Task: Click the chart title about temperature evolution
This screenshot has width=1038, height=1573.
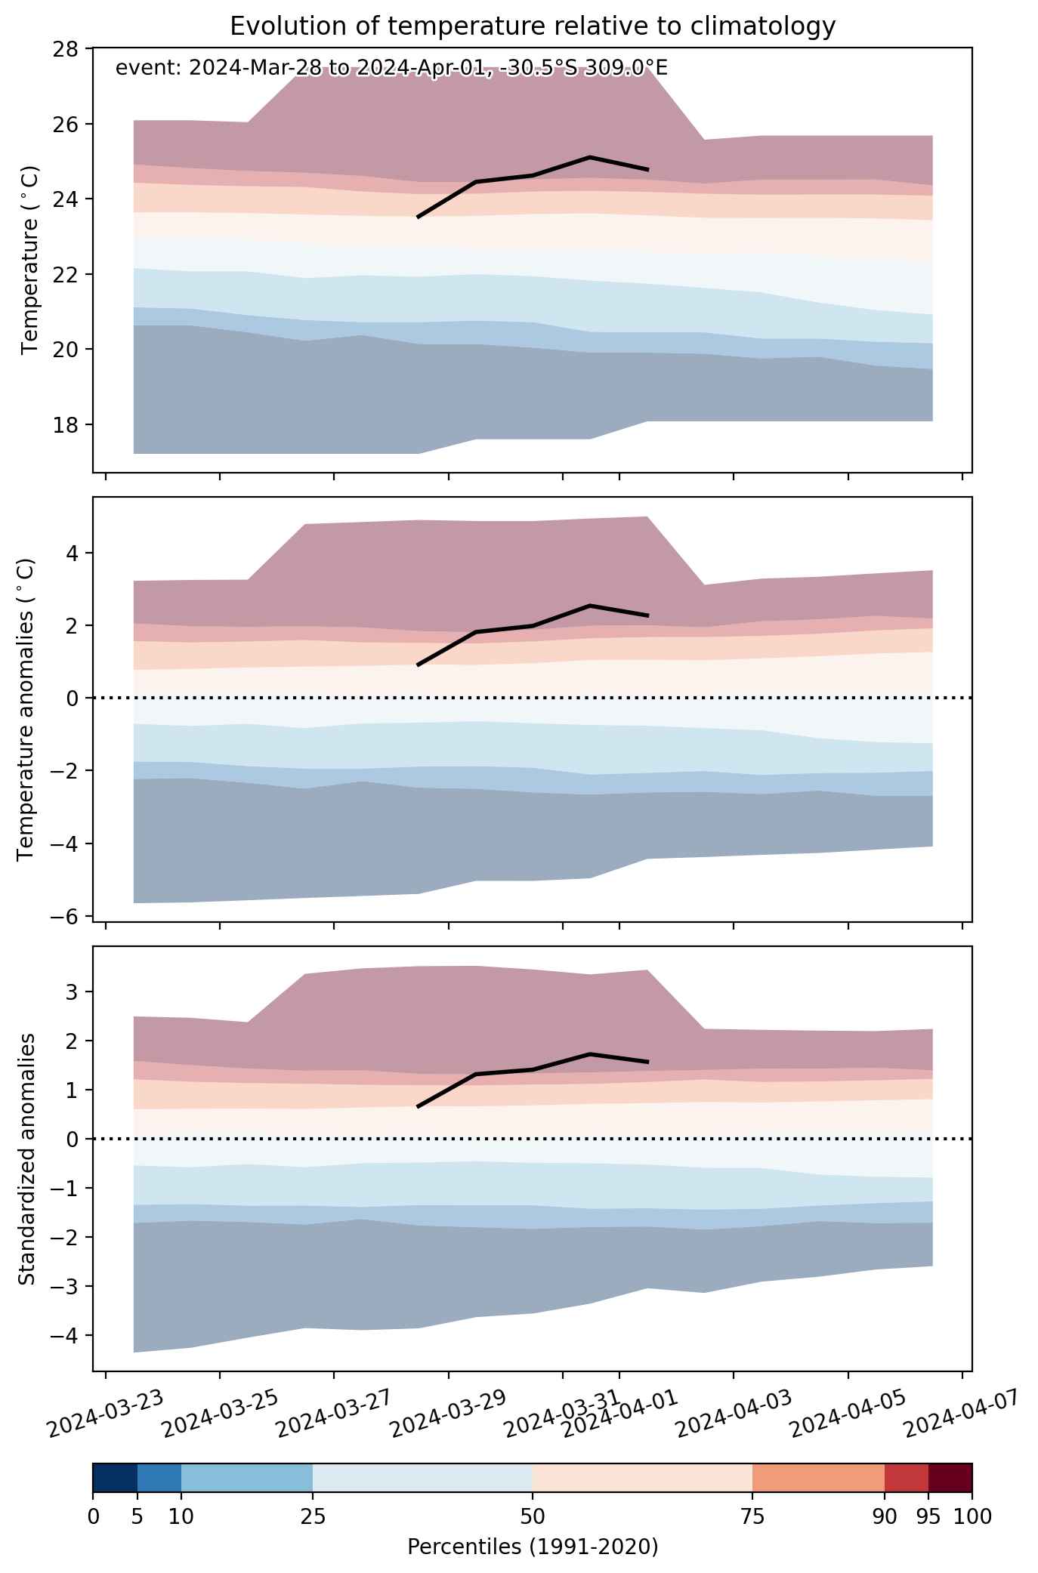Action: (x=533, y=26)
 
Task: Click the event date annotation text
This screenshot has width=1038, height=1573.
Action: (x=391, y=68)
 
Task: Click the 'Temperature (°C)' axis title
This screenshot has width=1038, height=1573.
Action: (x=29, y=261)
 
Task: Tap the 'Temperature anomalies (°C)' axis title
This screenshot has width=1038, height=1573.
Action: (x=26, y=709)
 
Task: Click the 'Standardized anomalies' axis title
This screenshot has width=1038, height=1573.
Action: (x=26, y=1158)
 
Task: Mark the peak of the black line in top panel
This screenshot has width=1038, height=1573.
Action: (x=590, y=157)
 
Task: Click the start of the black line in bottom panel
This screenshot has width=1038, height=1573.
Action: (x=418, y=1107)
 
